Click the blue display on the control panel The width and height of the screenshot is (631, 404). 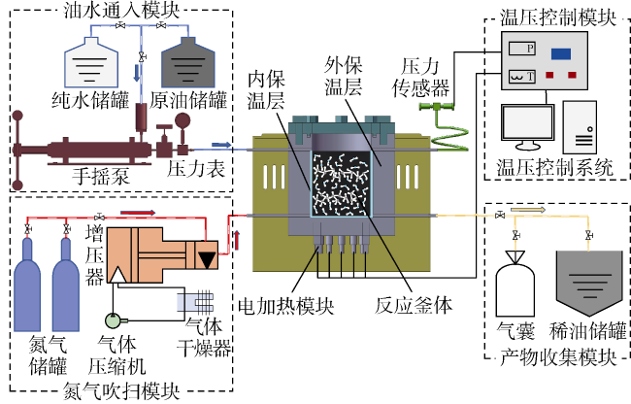coord(561,53)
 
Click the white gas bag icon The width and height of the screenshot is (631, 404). coord(515,281)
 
